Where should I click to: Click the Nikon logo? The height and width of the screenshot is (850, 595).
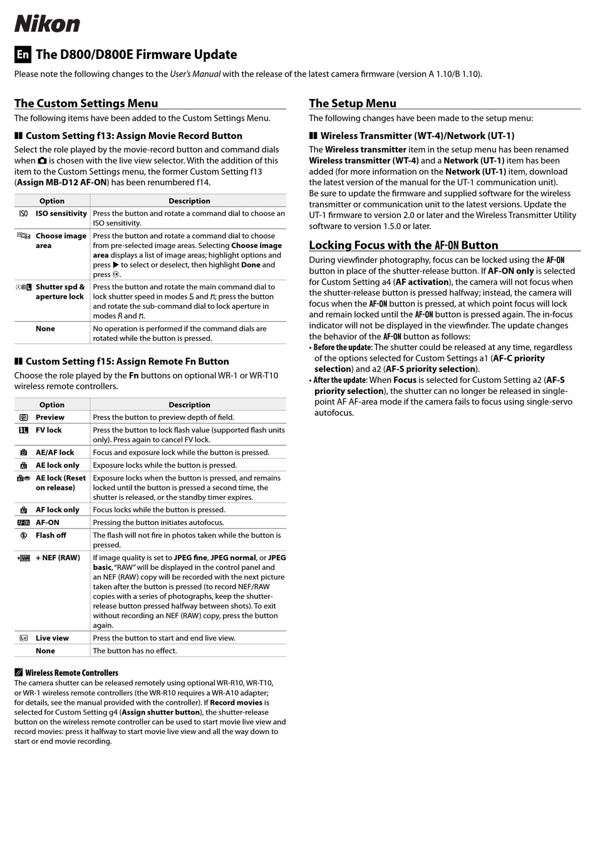coord(48,24)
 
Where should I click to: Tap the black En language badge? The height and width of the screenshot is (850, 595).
coord(23,54)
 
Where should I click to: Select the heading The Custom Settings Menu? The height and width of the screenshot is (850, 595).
coord(86,103)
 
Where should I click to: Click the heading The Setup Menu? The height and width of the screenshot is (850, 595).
coord(353,103)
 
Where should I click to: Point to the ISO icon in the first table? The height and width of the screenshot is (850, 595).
coord(23,214)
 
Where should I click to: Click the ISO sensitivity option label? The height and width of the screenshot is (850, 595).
coord(61,214)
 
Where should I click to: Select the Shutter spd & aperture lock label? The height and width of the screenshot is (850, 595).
coord(60,291)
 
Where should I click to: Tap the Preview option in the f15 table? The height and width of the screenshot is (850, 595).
coord(50,417)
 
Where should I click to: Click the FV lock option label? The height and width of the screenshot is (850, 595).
coord(49,430)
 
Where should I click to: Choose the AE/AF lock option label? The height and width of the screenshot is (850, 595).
coord(54,452)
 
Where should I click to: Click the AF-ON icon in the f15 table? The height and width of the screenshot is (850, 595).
coord(24,522)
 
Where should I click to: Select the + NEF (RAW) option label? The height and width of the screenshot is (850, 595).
coord(58,557)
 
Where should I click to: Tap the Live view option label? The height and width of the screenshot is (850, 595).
coord(52,638)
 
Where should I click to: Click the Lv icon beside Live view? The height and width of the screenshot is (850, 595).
coord(24,638)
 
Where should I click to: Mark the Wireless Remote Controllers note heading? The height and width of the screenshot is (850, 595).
coord(71,673)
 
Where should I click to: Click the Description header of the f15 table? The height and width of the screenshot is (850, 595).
coord(189,405)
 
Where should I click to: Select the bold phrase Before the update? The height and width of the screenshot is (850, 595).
coord(342,348)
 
